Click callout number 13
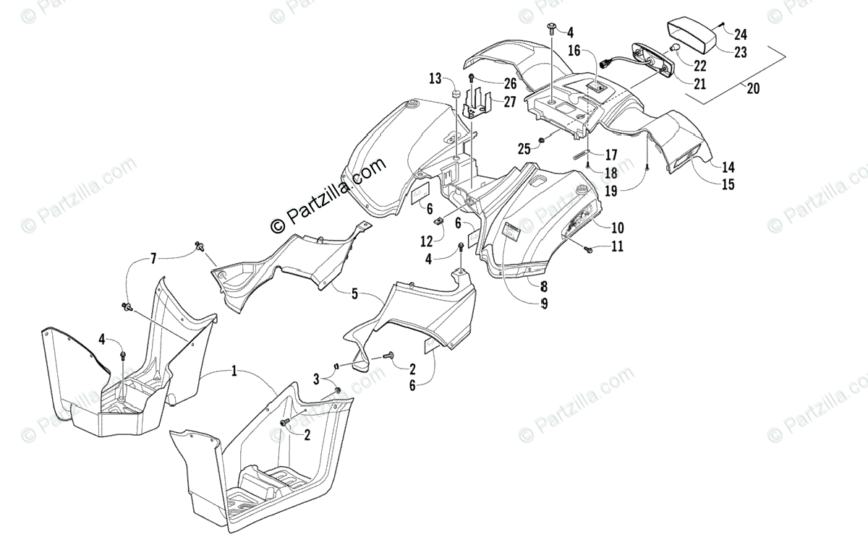coord(435,78)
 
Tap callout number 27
coord(510,102)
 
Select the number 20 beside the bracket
coord(753,90)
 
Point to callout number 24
coord(741,33)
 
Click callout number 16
coord(574,51)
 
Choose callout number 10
coord(617,228)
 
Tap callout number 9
coord(543,304)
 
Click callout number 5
coord(354,293)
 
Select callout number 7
coord(153,258)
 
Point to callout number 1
coord(234,371)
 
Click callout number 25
coord(524,149)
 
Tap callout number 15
coord(727,184)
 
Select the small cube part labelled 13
coord(456,94)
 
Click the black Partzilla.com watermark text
coord(329,196)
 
